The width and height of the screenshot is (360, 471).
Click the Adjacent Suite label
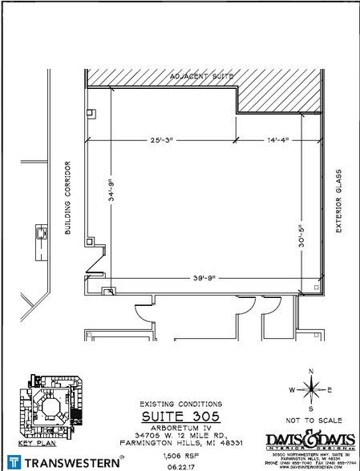click(x=201, y=76)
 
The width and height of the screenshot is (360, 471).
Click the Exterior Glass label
click(x=339, y=200)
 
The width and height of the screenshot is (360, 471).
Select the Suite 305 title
click(x=180, y=417)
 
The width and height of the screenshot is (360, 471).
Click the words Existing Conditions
click(x=180, y=404)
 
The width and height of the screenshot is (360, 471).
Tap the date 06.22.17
click(x=180, y=464)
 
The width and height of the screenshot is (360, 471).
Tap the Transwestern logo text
click(x=72, y=462)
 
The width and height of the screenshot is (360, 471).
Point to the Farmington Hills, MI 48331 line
click(x=180, y=442)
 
